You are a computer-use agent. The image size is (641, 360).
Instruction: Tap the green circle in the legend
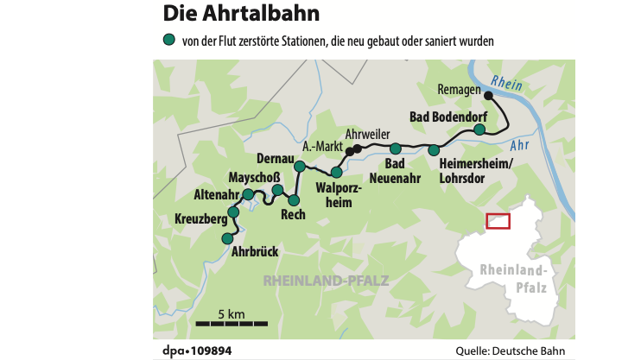point(168,40)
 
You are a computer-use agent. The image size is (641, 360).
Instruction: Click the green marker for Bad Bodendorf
point(479,129)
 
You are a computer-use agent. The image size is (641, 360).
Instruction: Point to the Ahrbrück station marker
point(227,238)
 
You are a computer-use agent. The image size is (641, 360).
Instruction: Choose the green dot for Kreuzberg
point(232,212)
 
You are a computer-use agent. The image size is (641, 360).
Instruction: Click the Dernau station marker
point(300,166)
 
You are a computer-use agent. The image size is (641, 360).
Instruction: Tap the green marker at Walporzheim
point(336,173)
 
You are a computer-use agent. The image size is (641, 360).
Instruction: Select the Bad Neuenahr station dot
point(395,148)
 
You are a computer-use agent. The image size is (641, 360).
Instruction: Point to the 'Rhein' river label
point(511,83)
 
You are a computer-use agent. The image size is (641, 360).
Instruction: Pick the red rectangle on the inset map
point(498,221)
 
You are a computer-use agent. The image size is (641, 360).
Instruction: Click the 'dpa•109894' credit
point(197,351)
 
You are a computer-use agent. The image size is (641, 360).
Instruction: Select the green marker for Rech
point(294,200)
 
